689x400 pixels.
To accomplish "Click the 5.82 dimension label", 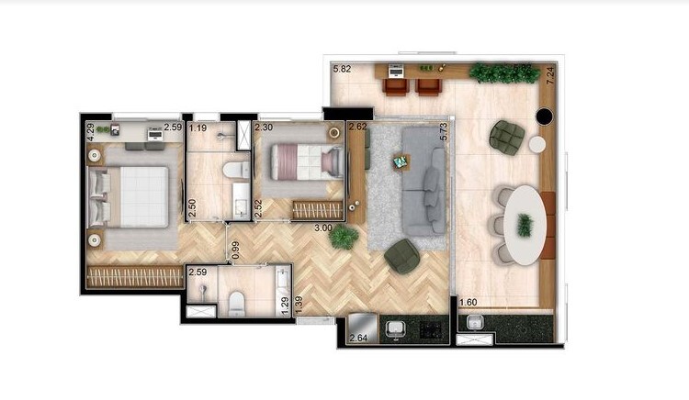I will point(342,69).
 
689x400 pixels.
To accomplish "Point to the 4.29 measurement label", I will point(90,132).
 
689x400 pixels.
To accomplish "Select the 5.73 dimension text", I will point(443,132).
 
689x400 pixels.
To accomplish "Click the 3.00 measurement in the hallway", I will point(322,227).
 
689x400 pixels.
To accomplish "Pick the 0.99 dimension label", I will point(236,250).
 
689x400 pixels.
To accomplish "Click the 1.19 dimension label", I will point(198,128).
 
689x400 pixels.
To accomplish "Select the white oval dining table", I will point(523,225).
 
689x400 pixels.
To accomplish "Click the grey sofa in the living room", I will point(424,179).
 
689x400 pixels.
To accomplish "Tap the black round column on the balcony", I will point(543,117).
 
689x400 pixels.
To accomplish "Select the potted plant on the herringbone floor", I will point(344,237).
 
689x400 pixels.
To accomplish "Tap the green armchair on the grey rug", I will point(401,256).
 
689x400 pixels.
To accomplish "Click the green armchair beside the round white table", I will point(506,137).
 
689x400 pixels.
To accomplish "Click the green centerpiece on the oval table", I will point(525,225).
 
